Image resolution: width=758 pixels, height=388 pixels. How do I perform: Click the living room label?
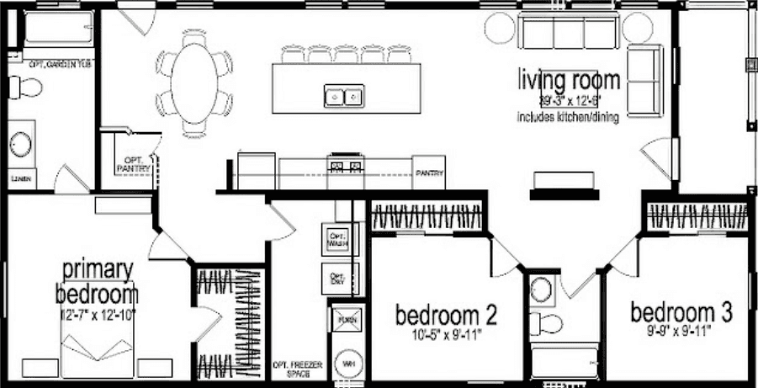[570, 81]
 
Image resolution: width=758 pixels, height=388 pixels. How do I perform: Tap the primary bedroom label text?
[97, 283]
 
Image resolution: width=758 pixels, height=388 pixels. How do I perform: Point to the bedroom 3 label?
[681, 311]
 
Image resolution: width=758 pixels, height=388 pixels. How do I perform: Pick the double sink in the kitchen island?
[343, 96]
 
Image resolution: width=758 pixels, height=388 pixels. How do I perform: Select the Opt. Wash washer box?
[337, 239]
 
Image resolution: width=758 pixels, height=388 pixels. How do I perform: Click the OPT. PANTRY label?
[135, 163]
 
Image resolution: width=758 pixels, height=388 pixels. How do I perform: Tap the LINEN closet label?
[20, 179]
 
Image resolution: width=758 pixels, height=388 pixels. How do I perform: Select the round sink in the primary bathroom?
[20, 143]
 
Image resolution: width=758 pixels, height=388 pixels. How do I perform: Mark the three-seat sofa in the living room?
[568, 32]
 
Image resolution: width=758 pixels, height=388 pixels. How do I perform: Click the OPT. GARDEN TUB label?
[59, 63]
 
